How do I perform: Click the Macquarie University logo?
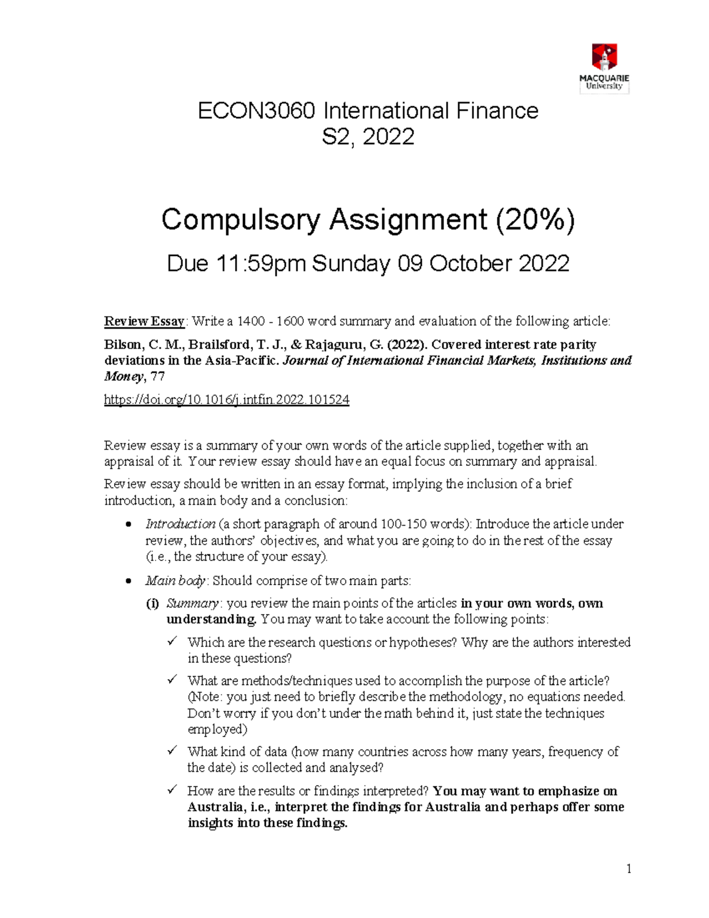point(604,68)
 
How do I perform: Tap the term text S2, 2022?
point(367,137)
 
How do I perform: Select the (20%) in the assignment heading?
point(534,220)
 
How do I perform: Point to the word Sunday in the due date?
point(351,264)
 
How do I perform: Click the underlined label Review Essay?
point(144,322)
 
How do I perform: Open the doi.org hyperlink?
point(226,400)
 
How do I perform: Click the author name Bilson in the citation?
point(122,345)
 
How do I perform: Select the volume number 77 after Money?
point(157,377)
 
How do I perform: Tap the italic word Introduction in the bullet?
point(180,524)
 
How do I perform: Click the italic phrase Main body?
point(175,581)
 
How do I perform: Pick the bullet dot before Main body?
point(129,582)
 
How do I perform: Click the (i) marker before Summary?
point(152,604)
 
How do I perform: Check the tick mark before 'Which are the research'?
point(172,641)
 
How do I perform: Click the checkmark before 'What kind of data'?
point(172,751)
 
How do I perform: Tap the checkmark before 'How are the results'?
point(172,790)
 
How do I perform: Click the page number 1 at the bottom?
point(629,868)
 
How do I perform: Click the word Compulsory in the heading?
point(241,220)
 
